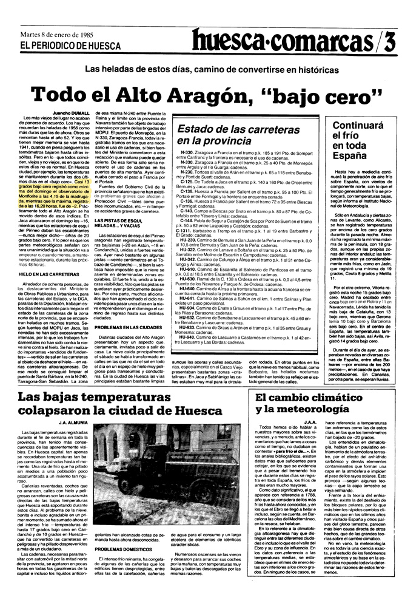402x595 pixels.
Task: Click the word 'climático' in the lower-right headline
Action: pos(330,398)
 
